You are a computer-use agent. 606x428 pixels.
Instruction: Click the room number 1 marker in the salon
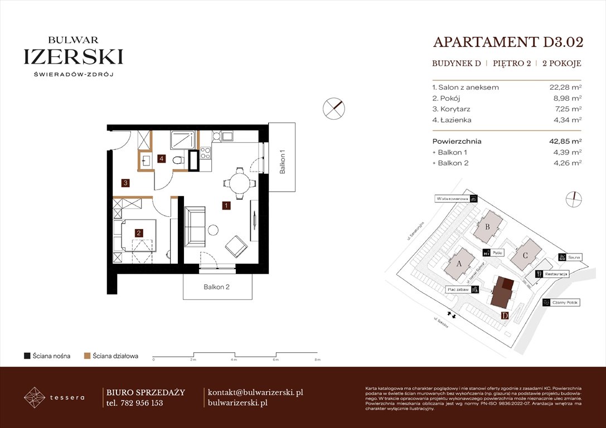click(x=226, y=205)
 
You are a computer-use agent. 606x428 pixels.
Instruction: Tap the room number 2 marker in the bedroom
click(x=139, y=234)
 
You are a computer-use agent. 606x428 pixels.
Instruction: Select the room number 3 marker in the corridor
click(x=127, y=182)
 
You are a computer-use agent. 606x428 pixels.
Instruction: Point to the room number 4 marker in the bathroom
click(x=162, y=159)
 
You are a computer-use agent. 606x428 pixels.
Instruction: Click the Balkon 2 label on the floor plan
click(x=217, y=288)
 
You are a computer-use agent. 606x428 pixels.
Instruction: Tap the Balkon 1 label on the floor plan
click(x=283, y=162)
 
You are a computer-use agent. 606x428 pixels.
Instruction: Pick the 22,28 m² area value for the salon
click(x=565, y=87)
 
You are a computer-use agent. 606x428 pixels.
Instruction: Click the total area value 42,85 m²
click(x=565, y=142)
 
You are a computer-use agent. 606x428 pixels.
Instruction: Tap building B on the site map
click(x=488, y=226)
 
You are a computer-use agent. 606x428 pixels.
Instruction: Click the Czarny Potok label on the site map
click(x=564, y=303)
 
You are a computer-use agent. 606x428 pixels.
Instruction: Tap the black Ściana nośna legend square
click(x=27, y=356)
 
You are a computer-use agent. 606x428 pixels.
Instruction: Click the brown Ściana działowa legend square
click(x=87, y=356)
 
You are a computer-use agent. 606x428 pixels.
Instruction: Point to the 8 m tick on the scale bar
click(x=316, y=361)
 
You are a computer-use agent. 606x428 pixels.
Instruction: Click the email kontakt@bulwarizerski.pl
click(x=255, y=392)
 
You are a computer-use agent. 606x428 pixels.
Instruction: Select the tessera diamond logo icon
click(x=35, y=397)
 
